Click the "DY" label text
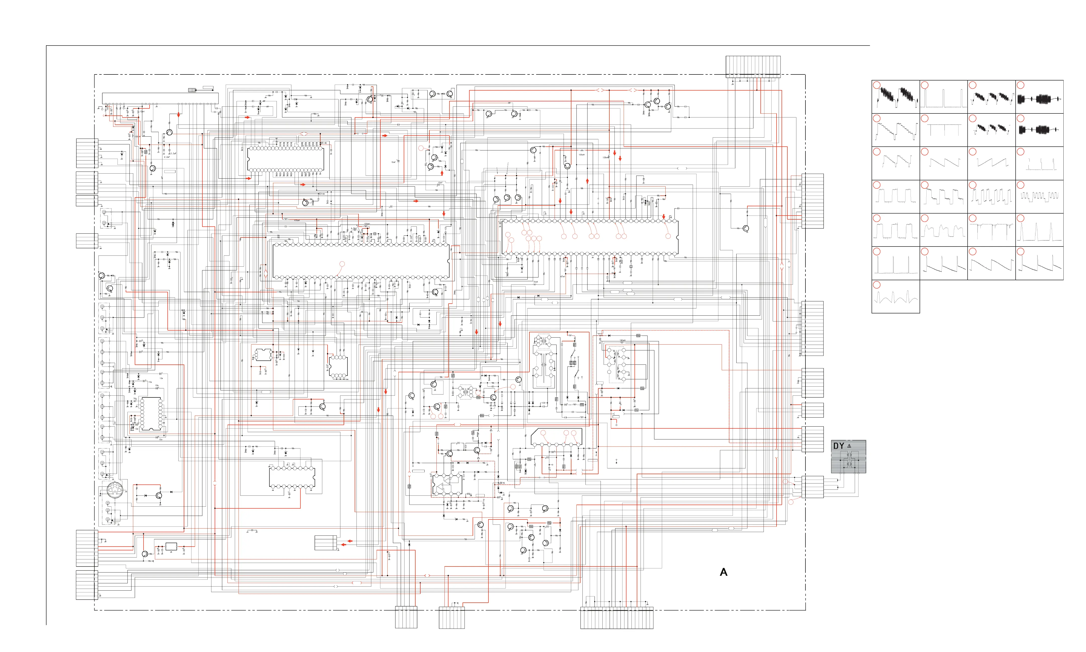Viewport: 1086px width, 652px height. pyautogui.click(x=838, y=446)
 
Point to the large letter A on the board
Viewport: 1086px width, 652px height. pyautogui.click(x=723, y=572)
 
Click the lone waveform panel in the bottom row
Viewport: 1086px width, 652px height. pyautogui.click(x=895, y=297)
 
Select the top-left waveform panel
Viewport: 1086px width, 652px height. pyautogui.click(x=895, y=97)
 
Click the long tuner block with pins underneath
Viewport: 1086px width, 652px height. pyautogui.click(x=160, y=98)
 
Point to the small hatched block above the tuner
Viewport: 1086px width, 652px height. pyautogui.click(x=192, y=90)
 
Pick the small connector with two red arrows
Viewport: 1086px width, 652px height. pyautogui.click(x=326, y=543)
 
